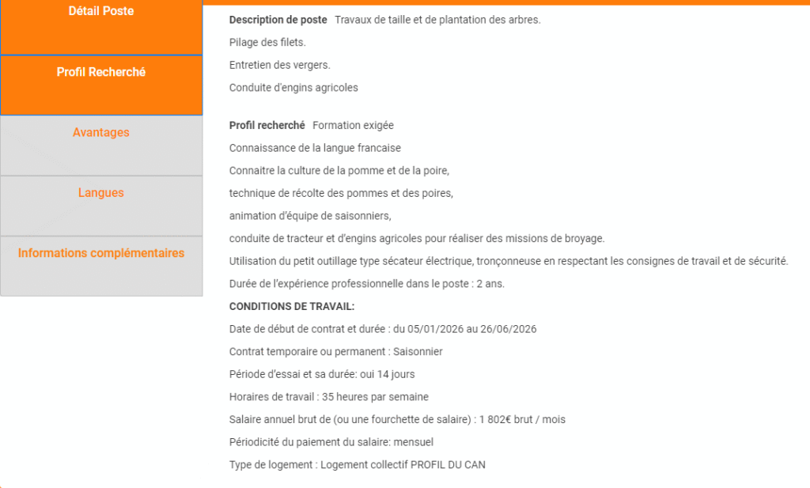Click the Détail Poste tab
point(101,12)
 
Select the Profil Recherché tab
point(101,72)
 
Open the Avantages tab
point(101,133)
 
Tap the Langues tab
point(101,193)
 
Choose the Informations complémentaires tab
point(101,254)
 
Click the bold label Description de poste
point(278,20)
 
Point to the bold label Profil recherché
point(267,125)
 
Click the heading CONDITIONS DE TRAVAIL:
point(292,306)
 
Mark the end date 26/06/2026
point(510,329)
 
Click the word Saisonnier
point(418,351)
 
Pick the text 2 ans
point(490,283)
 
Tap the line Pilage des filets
point(267,42)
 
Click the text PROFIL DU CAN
point(448,464)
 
